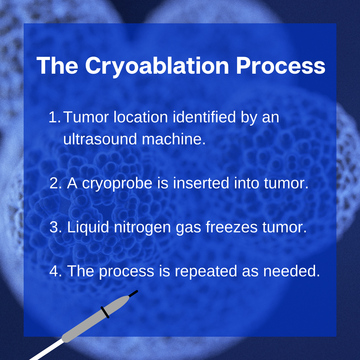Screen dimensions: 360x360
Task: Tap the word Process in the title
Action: click(x=280, y=66)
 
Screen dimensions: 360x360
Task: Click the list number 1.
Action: click(x=54, y=117)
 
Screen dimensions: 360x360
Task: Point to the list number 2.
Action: click(x=55, y=184)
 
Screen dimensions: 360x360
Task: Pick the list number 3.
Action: click(x=55, y=227)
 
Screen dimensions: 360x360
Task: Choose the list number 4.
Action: click(x=55, y=271)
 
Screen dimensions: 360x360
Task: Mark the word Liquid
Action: click(x=88, y=228)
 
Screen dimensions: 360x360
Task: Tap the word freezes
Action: click(x=231, y=227)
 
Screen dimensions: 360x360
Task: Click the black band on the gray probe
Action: click(x=105, y=312)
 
